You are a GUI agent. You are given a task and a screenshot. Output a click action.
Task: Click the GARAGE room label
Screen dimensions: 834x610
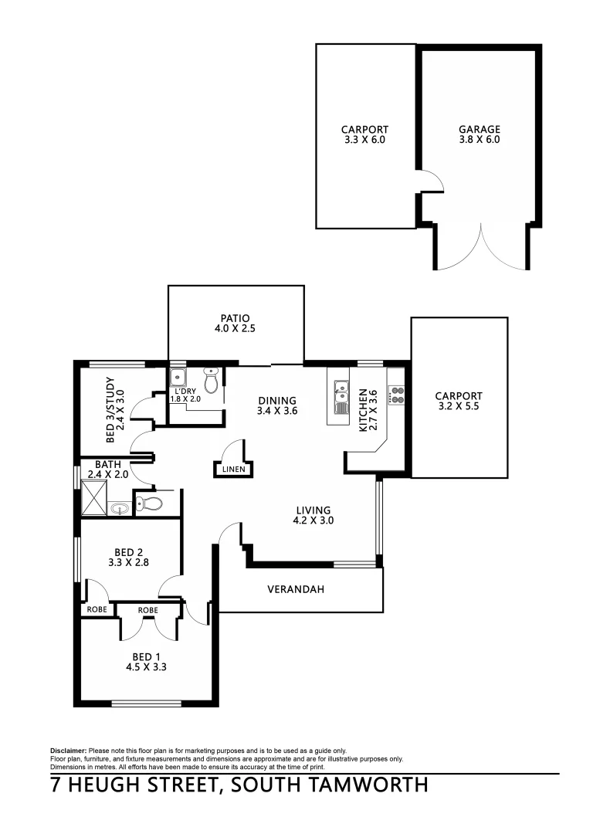[x=479, y=130]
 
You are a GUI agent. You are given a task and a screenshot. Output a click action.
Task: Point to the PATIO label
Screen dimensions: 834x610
[x=235, y=318]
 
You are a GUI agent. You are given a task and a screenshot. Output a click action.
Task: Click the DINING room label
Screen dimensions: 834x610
[x=277, y=400]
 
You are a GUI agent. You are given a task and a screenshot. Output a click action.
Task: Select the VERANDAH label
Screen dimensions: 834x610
[x=295, y=589]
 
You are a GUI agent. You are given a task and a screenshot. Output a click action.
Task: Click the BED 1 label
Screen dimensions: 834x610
[x=147, y=656]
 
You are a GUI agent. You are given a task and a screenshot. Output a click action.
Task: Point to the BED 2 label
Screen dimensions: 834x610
[x=130, y=551]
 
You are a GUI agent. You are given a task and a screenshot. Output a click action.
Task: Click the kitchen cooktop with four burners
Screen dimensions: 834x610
[x=397, y=395]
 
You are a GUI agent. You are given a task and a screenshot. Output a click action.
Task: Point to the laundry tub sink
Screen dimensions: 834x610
[x=179, y=378]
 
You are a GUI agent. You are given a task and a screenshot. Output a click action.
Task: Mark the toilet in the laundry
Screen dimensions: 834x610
[x=211, y=381]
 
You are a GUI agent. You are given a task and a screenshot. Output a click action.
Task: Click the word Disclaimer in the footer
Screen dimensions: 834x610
[x=69, y=751]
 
